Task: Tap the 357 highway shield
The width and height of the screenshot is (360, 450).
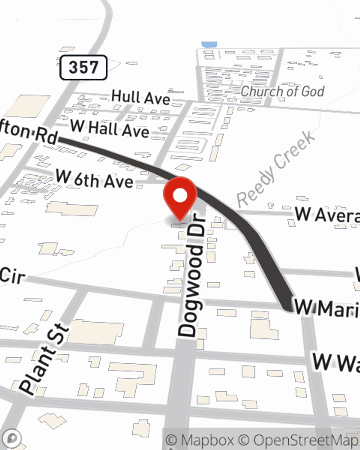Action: pos(83,67)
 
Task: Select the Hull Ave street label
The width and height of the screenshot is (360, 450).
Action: pos(141,97)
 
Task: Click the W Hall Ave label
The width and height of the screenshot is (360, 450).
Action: pos(110,128)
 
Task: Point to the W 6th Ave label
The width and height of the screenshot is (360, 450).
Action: pos(94,179)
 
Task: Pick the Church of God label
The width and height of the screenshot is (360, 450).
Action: pos(283,91)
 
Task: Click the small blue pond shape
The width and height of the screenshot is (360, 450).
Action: pos(209,45)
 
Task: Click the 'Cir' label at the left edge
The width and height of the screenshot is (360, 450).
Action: pos(13,276)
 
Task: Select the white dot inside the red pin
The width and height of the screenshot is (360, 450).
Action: pos(180,196)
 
